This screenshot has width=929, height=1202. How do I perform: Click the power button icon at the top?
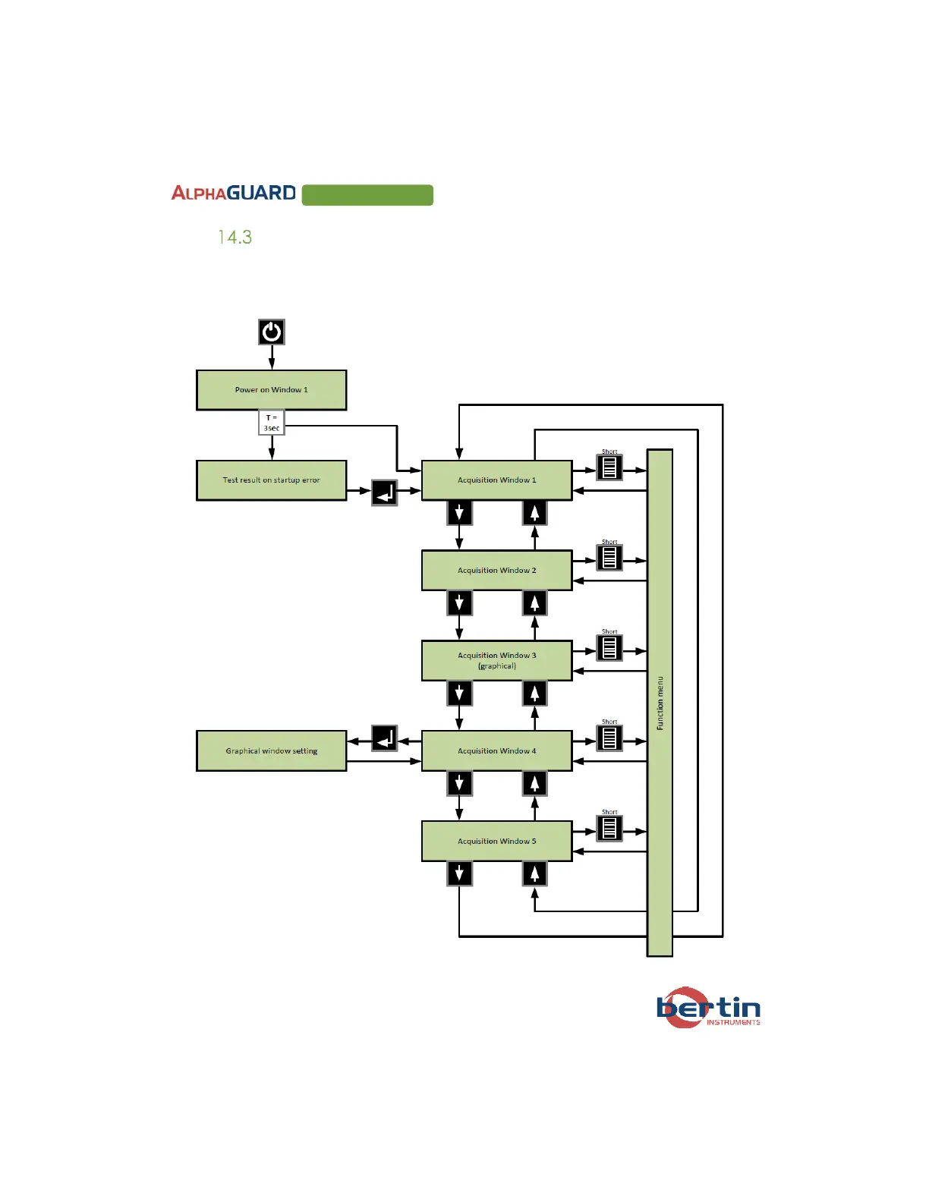point(272,332)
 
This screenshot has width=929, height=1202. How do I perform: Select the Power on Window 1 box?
point(271,390)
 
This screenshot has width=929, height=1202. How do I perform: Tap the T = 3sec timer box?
point(272,423)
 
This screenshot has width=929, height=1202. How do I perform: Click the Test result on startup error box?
point(271,480)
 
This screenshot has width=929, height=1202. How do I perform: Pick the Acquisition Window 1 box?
point(496,480)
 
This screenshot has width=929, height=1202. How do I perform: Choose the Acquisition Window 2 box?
point(496,571)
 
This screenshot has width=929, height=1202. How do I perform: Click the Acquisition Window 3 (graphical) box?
point(496,660)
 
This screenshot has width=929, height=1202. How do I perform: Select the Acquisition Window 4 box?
point(496,751)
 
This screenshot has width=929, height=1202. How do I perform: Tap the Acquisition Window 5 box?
point(496,841)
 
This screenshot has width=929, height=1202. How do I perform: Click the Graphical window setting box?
point(271,751)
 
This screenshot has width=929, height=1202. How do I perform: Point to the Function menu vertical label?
point(660,703)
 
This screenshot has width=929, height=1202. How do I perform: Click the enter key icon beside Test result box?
point(385,493)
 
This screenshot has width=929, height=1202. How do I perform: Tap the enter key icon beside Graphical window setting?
point(385,738)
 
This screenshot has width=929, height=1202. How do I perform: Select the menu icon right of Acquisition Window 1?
point(609,467)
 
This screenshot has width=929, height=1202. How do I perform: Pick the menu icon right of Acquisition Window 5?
point(609,828)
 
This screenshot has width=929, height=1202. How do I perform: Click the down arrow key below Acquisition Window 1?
point(459,513)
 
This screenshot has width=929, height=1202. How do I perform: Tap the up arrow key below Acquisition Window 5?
point(534,874)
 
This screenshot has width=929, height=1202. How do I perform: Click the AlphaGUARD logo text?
point(234,194)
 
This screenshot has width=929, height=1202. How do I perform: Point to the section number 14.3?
point(235,238)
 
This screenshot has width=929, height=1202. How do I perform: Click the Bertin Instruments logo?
point(707,1008)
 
